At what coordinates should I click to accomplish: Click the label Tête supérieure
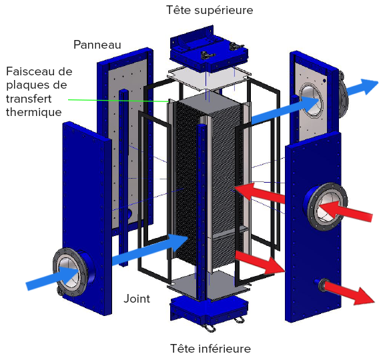click(x=210, y=11)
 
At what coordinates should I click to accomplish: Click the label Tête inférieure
click(x=211, y=349)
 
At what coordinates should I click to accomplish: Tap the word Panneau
click(x=97, y=45)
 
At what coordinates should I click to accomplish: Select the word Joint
click(x=137, y=299)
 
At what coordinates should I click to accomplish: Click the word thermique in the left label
click(x=34, y=112)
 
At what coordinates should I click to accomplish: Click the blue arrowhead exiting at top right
click(x=369, y=86)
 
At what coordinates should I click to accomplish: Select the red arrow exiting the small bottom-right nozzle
click(x=349, y=293)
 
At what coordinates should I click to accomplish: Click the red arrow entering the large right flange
click(x=346, y=210)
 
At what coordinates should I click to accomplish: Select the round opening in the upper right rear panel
click(x=311, y=100)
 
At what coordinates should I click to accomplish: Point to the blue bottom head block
click(x=209, y=310)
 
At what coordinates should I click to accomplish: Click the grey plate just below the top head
click(x=209, y=79)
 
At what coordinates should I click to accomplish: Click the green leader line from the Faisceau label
click(x=119, y=101)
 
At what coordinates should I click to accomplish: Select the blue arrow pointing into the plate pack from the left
click(x=151, y=249)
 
